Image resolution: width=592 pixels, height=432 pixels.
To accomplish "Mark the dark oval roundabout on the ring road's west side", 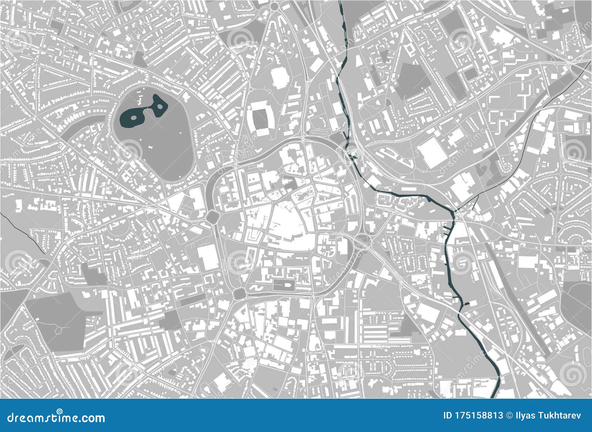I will pyautogui.click(x=213, y=217).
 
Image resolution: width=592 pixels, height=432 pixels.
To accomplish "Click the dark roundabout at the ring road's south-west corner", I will pyautogui.click(x=239, y=293).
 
